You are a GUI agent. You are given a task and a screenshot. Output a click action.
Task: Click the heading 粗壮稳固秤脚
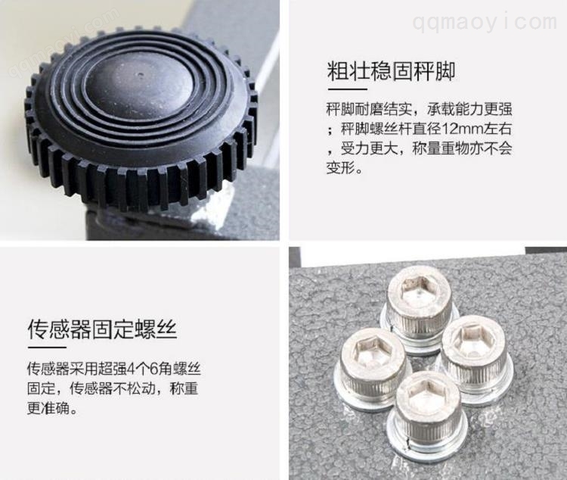391,71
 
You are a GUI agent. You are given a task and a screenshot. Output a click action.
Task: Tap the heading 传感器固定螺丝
102,329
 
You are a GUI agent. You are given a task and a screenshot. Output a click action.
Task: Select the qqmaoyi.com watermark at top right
485,21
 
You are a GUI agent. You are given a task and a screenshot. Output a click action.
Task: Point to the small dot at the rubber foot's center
141,76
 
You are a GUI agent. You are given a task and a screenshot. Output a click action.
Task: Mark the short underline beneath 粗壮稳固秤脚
348,89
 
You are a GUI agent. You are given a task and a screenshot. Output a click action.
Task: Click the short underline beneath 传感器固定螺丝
47,348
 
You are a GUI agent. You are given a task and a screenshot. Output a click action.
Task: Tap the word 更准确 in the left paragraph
48,408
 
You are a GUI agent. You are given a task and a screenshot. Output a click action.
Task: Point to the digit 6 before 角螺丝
153,369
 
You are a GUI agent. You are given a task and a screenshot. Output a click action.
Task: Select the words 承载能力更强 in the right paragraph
469,109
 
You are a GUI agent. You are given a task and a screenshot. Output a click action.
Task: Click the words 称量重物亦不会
462,148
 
